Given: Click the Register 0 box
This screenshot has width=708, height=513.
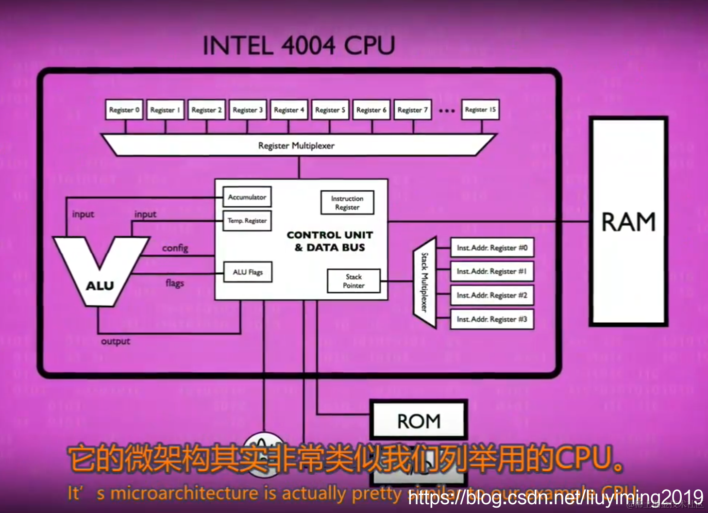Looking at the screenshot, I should point(124,110).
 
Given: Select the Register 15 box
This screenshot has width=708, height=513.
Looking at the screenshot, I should point(480,110).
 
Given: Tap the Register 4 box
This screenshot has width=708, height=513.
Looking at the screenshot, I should point(288,110).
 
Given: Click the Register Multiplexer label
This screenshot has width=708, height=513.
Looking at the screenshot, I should point(296,146).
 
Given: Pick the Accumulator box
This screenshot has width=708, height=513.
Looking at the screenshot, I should point(247,197).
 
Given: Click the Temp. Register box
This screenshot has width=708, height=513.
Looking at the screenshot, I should point(247,220).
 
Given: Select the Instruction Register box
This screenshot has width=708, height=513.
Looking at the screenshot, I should point(347,203).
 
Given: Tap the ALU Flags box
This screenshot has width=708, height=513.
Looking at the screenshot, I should point(247,272).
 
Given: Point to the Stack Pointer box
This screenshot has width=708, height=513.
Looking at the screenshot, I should point(354,281).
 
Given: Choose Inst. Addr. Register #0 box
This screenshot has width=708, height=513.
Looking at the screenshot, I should point(492,248).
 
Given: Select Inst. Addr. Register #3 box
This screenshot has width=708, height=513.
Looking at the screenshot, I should point(492,319).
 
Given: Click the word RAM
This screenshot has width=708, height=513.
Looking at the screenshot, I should point(628,222).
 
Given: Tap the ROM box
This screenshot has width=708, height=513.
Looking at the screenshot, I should point(419,421).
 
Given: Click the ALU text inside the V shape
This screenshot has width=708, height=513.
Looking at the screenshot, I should point(100,286).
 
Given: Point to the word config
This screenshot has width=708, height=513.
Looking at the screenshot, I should point(175,248).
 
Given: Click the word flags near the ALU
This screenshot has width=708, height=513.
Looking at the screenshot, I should point(175,282).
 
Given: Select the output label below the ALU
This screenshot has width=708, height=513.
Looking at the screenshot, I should point(116,341).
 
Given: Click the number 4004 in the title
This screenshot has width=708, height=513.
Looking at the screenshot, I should point(308,46).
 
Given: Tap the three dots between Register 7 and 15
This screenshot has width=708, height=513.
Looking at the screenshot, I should point(447,111).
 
